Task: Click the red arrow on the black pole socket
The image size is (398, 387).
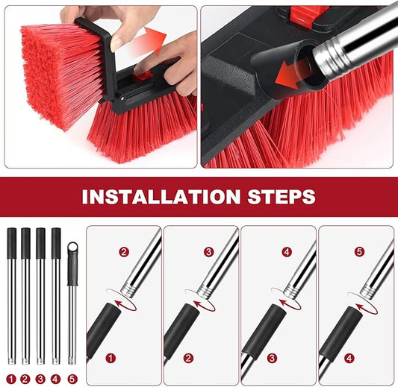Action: tap(291, 72)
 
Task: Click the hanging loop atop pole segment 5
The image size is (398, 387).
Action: tap(72, 247)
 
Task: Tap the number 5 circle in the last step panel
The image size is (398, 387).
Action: tap(358, 252)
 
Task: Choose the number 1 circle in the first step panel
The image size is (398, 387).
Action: tap(111, 359)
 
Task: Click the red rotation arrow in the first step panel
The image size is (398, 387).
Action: tap(125, 296)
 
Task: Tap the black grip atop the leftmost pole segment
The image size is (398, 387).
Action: tap(11, 243)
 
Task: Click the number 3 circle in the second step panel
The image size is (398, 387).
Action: tap(208, 252)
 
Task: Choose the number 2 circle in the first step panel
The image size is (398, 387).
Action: tap(124, 252)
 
